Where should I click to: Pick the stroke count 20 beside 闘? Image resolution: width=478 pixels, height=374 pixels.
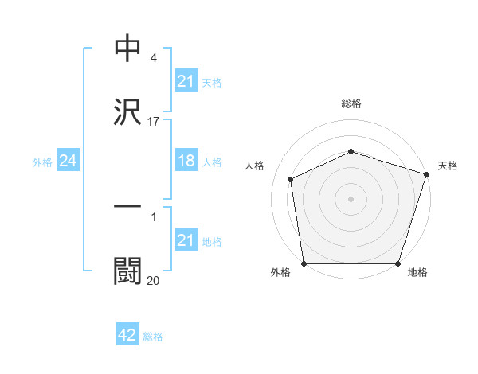154,280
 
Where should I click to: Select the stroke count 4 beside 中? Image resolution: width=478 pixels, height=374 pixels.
153,58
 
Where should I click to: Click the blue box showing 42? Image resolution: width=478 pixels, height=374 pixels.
127,335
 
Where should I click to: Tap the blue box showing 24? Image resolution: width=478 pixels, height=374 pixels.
69,161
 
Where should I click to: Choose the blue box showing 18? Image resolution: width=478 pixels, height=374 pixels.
186,161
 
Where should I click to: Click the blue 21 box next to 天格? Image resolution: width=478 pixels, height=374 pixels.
186,80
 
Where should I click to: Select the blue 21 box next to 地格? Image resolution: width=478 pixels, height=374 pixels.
186,240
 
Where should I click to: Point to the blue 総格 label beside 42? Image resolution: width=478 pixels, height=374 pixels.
153,337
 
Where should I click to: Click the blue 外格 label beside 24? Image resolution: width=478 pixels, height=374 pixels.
42,162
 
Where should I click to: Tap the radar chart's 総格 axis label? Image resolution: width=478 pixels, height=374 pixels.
351,103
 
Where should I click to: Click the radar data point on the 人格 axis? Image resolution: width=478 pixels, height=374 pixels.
291,179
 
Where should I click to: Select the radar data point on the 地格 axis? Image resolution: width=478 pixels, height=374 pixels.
398,263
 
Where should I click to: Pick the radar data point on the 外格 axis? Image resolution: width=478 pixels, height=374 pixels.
304,263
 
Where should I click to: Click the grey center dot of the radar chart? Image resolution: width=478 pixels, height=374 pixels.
351,199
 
